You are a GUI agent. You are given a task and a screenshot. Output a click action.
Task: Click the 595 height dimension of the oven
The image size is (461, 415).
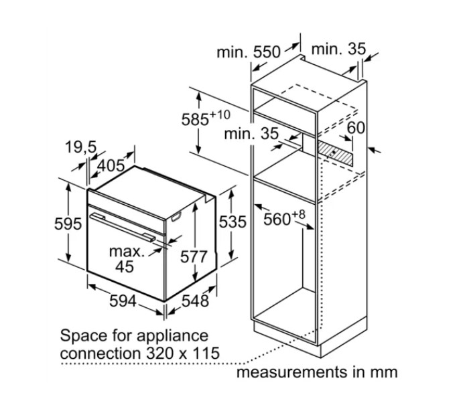tap(68, 224)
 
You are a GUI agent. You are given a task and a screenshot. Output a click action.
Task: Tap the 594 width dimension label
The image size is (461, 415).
tap(123, 301)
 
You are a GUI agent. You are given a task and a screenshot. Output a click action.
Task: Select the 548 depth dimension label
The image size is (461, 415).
tap(195, 301)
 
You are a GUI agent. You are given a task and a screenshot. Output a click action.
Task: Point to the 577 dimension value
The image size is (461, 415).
tap(194, 256)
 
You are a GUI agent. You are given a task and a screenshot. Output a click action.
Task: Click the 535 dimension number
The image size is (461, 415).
tap(233, 222)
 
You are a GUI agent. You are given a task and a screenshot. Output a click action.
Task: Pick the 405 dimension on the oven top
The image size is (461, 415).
tap(111, 165)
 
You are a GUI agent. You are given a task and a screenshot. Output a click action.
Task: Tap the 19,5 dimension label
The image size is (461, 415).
tap(80, 147)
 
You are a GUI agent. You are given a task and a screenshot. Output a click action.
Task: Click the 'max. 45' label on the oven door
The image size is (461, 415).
tap(127, 259)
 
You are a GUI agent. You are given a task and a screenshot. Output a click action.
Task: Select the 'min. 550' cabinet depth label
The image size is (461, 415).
tap(249, 52)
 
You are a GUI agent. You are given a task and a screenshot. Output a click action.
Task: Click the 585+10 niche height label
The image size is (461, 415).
tap(206, 118)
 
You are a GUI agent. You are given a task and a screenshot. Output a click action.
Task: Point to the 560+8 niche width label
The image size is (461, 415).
tap(284, 218)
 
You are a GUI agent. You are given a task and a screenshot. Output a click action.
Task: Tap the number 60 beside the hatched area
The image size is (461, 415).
tap(356, 128)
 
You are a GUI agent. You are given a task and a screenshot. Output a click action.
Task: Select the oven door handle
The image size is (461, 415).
tap(123, 228)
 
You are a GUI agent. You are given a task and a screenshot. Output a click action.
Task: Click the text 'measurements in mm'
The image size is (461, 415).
tap(317, 372)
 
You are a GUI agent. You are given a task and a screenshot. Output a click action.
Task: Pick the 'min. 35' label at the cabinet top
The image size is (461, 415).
tap(338, 49)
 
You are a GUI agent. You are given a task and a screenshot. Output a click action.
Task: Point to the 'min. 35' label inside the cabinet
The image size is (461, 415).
tap(251, 134)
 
